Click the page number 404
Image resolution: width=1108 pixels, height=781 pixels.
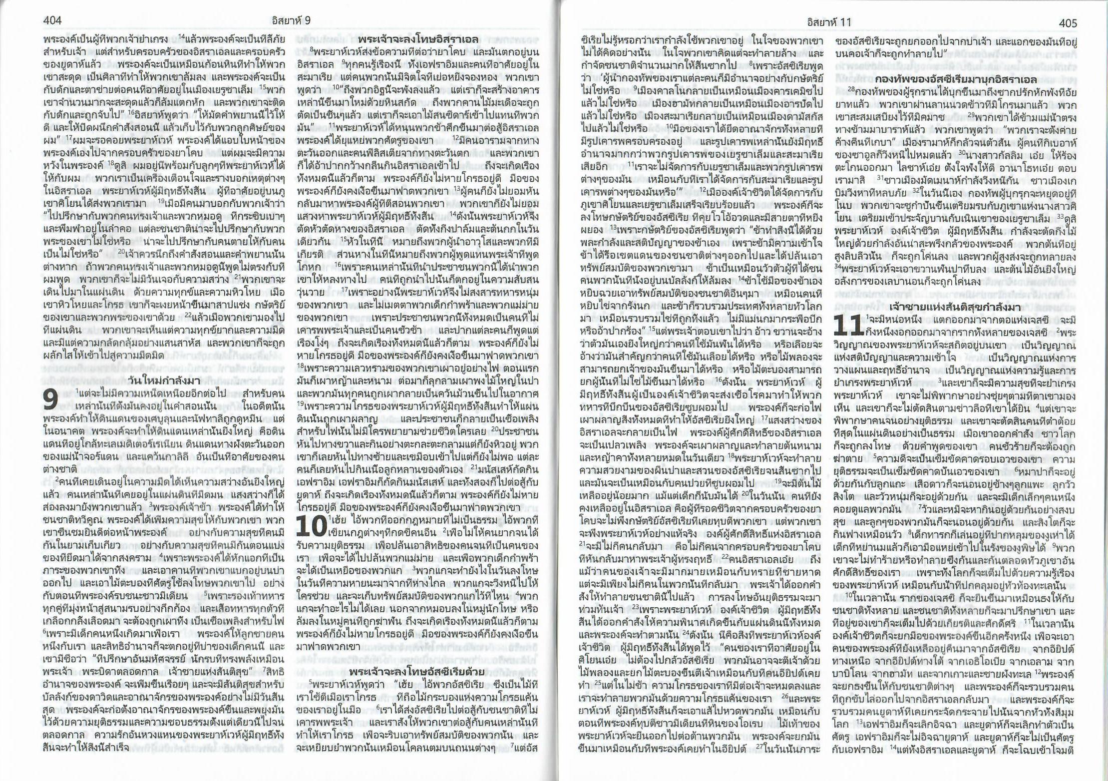52,21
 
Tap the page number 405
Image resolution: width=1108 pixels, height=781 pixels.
1067,23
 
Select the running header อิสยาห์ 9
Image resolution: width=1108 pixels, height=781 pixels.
293,20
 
